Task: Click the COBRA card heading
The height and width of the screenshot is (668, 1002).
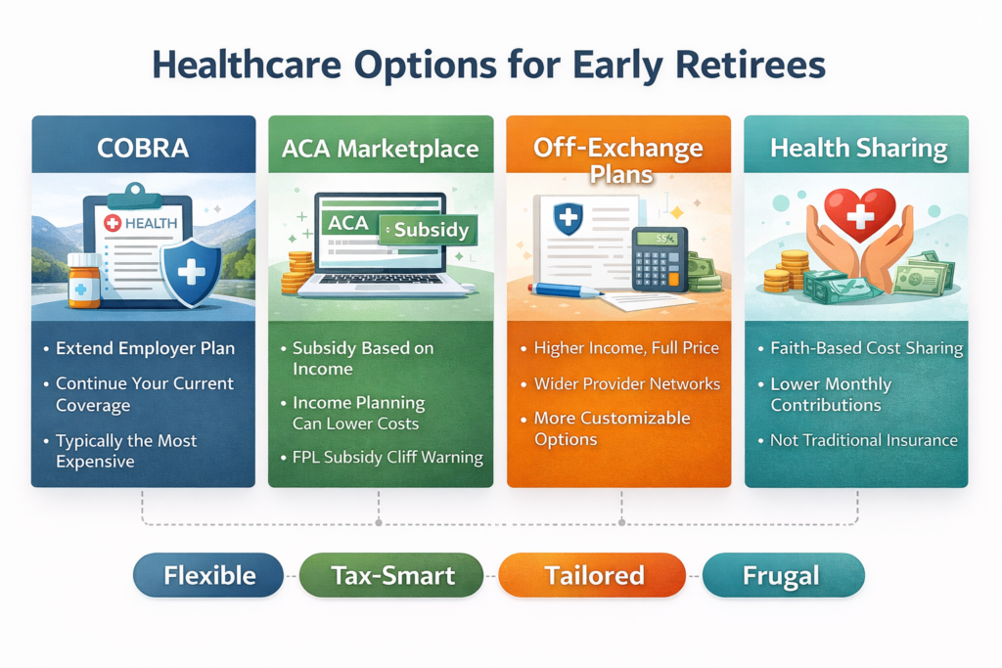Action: pos(143,148)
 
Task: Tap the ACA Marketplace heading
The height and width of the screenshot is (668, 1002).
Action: pos(380,149)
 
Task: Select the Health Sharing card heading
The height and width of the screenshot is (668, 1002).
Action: pos(858,149)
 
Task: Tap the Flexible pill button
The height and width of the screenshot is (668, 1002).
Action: pos(208,575)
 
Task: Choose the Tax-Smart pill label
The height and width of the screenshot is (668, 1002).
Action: pos(392,575)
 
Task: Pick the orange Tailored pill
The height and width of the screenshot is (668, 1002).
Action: pos(594,575)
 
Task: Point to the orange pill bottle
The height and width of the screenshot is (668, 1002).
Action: pos(84,280)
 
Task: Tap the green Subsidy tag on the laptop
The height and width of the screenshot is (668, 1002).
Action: pos(429,231)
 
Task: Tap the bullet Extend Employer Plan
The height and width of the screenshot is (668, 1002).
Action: pos(145,349)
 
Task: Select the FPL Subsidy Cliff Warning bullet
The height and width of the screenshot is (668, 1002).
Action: pos(387,458)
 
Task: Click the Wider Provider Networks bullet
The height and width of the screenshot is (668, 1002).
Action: pos(626,383)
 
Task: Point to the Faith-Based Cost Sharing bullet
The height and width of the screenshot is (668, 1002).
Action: pos(866,348)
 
